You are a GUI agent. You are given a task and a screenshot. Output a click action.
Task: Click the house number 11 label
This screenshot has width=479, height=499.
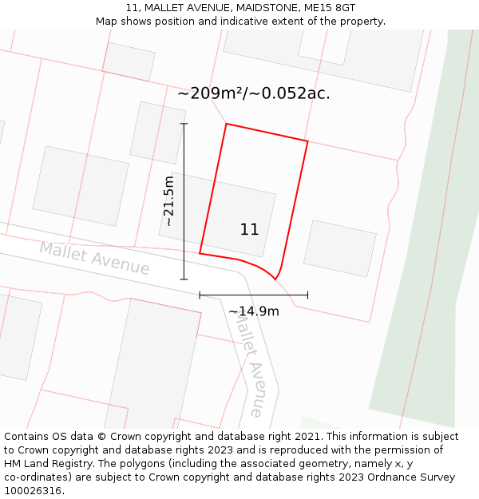pyautogui.click(x=249, y=230)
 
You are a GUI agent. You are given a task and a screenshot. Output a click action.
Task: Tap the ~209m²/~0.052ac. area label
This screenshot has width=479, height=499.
pyautogui.click(x=253, y=93)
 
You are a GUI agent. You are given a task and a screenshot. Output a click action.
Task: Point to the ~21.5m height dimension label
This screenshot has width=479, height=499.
pyautogui.click(x=168, y=201)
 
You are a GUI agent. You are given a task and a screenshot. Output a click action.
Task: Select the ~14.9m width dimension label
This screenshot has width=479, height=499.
pyautogui.click(x=254, y=311)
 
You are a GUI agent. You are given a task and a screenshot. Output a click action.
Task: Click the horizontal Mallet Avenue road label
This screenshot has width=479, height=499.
pyautogui.click(x=94, y=258)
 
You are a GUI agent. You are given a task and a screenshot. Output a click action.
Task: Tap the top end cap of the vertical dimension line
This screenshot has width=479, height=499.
pyautogui.click(x=184, y=124)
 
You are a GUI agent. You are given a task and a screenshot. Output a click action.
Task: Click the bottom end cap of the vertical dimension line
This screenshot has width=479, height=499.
pyautogui.click(x=184, y=279)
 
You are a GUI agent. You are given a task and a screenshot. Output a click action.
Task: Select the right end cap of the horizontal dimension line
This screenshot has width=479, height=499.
pyautogui.click(x=307, y=295)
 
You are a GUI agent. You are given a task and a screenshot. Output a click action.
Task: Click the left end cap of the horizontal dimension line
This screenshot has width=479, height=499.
pyautogui.click(x=200, y=295)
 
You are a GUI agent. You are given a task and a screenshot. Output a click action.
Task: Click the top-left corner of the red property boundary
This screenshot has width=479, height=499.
pyautogui.click(x=226, y=124)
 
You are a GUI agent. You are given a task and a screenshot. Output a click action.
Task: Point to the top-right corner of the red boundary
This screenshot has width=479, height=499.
pyautogui.click(x=307, y=141)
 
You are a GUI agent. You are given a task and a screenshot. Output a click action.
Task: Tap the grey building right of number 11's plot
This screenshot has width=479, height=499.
pyautogui.click(x=339, y=248)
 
